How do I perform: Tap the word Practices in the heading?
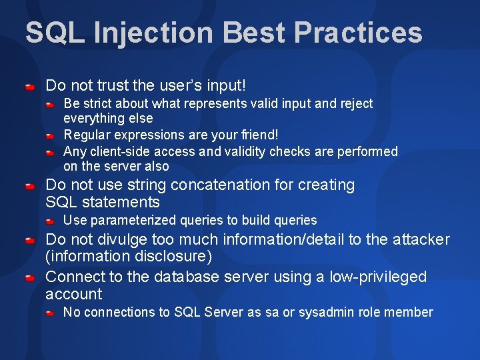358,32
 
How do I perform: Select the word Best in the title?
254,32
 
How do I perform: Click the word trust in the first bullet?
113,85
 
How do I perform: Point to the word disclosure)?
173,256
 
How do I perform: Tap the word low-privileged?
378,277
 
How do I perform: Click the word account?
74,294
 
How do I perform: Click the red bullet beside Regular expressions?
50,135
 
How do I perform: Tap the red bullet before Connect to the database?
30,278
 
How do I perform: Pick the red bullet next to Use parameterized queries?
50,221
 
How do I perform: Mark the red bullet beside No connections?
50,313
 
